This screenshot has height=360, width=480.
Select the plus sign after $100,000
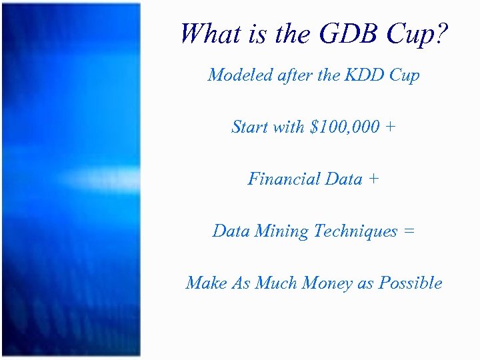point(389,127)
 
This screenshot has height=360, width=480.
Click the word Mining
point(282,231)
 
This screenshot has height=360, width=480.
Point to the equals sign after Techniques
point(409,232)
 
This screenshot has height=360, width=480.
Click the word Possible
point(411,283)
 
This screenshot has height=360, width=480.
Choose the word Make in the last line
point(207,283)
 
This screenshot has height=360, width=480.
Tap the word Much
point(277,283)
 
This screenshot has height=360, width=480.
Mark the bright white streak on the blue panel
point(100,179)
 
